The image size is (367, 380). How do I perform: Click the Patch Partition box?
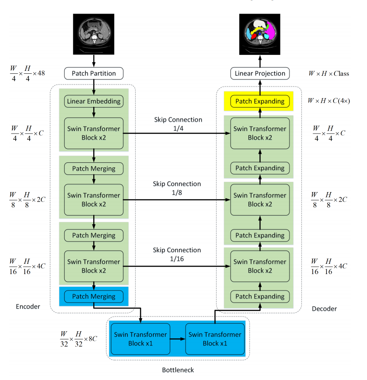tap(94, 74)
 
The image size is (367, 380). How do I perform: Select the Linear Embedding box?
tap(94, 101)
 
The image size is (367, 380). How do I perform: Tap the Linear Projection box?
tap(260, 74)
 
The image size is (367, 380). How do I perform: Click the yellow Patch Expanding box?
tap(260, 101)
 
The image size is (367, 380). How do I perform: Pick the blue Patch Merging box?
tap(94, 296)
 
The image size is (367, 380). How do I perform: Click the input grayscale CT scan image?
tap(94, 34)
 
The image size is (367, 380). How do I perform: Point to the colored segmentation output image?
tap(260, 34)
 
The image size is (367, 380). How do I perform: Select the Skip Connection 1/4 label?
tap(178, 124)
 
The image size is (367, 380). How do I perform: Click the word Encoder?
tap(28, 307)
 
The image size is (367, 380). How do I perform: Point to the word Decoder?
tap(324, 309)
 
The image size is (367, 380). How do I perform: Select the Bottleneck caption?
tap(178, 370)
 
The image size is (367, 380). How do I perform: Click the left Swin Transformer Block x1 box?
tap(140, 339)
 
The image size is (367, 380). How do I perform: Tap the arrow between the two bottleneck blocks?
tap(178, 339)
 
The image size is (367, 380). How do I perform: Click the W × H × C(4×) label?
tap(329, 101)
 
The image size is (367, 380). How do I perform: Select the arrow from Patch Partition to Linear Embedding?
tap(94, 87)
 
